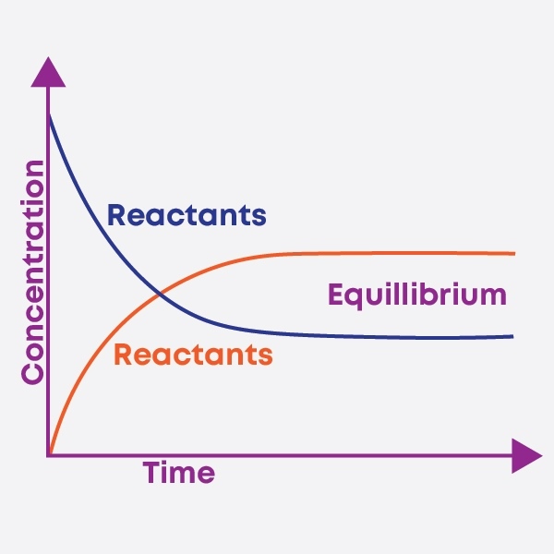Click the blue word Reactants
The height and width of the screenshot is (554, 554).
point(187,216)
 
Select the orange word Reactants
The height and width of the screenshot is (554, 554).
point(193,355)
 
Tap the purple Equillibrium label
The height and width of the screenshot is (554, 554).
point(417,295)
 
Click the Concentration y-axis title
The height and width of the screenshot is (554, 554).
point(33,272)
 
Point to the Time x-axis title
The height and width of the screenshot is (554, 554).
point(179,474)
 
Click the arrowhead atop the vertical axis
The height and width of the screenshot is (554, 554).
point(49,72)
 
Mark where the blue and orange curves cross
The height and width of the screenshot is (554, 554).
point(160,295)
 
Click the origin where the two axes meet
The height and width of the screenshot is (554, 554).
point(49,455)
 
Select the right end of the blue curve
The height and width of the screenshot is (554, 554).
point(512,336)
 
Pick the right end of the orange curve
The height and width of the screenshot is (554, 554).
point(512,253)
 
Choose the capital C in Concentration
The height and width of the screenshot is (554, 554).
point(33,371)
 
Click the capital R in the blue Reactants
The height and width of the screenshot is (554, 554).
point(117,216)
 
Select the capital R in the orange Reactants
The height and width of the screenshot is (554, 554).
point(123,355)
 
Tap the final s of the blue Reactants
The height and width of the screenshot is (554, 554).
point(259,218)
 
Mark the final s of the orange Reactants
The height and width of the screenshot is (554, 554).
point(266,356)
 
